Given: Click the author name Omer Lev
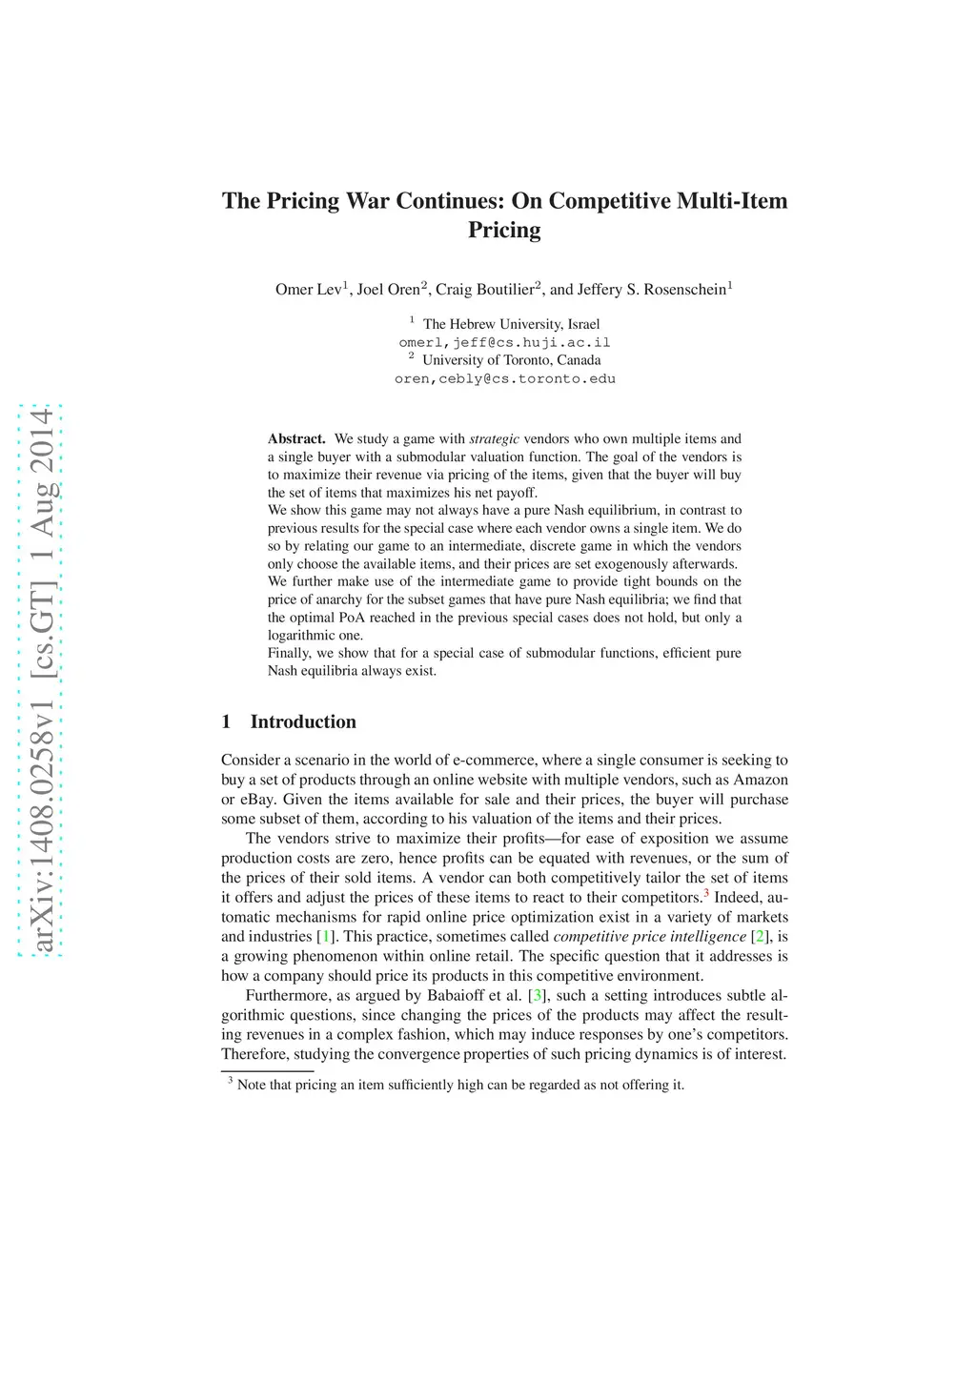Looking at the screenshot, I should (x=308, y=290).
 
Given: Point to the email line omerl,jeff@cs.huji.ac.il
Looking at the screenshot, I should (x=504, y=342).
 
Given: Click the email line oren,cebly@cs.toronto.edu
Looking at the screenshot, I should (x=504, y=378).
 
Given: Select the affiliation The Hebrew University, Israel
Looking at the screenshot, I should (x=511, y=324).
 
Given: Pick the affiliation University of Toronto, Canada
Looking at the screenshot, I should (x=511, y=360).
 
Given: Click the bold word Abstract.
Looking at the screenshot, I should (x=296, y=439).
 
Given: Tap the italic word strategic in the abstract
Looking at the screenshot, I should (x=494, y=439).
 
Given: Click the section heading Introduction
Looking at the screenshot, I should (x=303, y=721).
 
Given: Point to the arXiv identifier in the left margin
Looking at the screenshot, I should (x=40, y=680).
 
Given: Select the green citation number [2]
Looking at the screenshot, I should (x=759, y=937).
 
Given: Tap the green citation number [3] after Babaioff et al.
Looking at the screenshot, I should (x=537, y=996).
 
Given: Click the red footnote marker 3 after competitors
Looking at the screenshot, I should (x=706, y=893).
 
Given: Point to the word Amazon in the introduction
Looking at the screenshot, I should (x=760, y=780).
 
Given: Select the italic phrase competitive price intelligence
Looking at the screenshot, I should (x=649, y=937).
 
